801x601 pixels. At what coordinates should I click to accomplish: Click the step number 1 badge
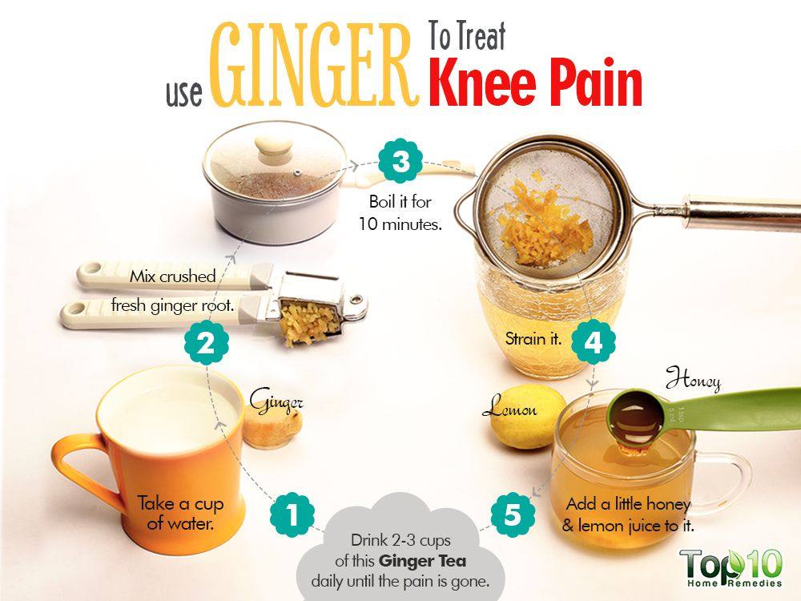pos(292,514)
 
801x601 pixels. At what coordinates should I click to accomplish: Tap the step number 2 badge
pos(207,342)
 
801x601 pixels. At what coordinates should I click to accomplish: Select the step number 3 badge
pos(400,161)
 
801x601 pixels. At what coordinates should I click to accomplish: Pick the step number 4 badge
pos(593,342)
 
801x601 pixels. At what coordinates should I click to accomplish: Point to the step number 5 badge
pos(513,514)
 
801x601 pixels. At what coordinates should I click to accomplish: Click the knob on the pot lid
pos(274,148)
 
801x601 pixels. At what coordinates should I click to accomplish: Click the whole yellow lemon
pos(527,417)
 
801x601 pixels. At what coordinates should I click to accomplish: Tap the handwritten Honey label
pos(693,380)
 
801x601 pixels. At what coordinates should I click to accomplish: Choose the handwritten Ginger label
pos(276,401)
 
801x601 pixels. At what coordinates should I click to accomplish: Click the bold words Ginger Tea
pos(422,561)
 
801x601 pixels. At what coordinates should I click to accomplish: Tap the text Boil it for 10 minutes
pos(400,212)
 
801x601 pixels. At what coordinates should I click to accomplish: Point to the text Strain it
pos(533,338)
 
